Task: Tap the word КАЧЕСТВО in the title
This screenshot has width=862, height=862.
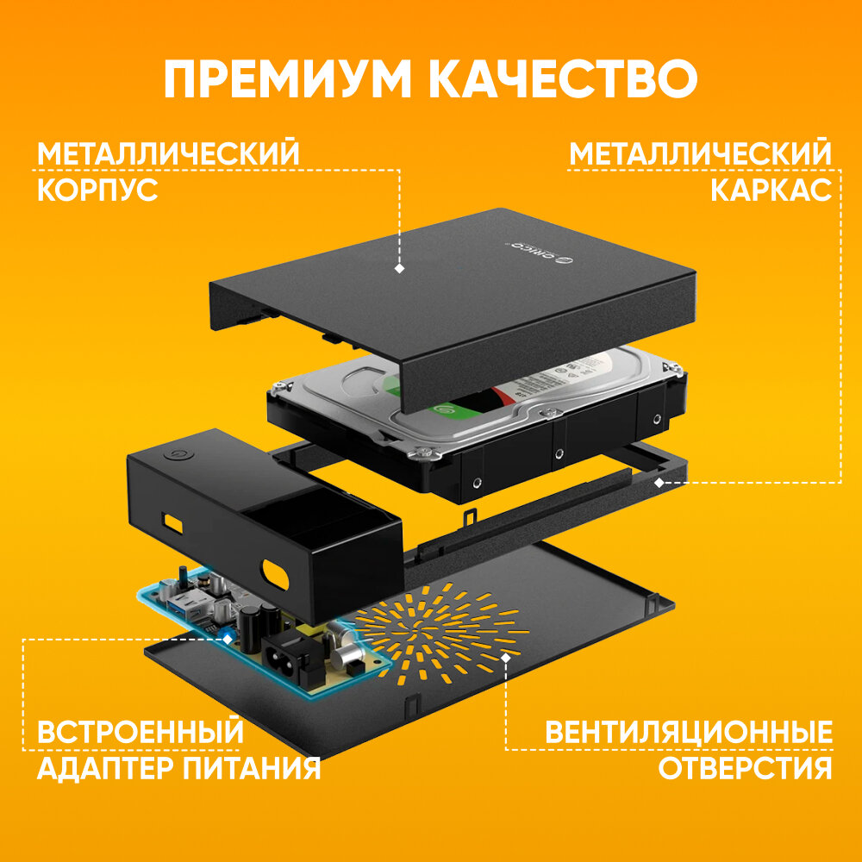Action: pyautogui.click(x=563, y=79)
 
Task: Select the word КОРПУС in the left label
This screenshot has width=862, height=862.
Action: pyautogui.click(x=97, y=190)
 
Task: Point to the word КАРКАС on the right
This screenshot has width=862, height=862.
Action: pyautogui.click(x=771, y=190)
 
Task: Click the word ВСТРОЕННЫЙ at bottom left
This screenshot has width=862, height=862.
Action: pyautogui.click(x=141, y=734)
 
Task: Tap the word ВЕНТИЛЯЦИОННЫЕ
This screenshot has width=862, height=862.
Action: pyautogui.click(x=689, y=734)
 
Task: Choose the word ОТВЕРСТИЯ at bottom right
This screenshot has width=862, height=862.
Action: pyautogui.click(x=746, y=768)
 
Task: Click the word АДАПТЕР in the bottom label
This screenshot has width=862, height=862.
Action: pyautogui.click(x=96, y=768)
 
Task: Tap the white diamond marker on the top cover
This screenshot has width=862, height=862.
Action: pyautogui.click(x=399, y=269)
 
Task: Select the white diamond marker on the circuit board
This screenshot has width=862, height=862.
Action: pyautogui.click(x=227, y=639)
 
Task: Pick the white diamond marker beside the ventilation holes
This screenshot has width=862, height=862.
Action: pyautogui.click(x=507, y=656)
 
